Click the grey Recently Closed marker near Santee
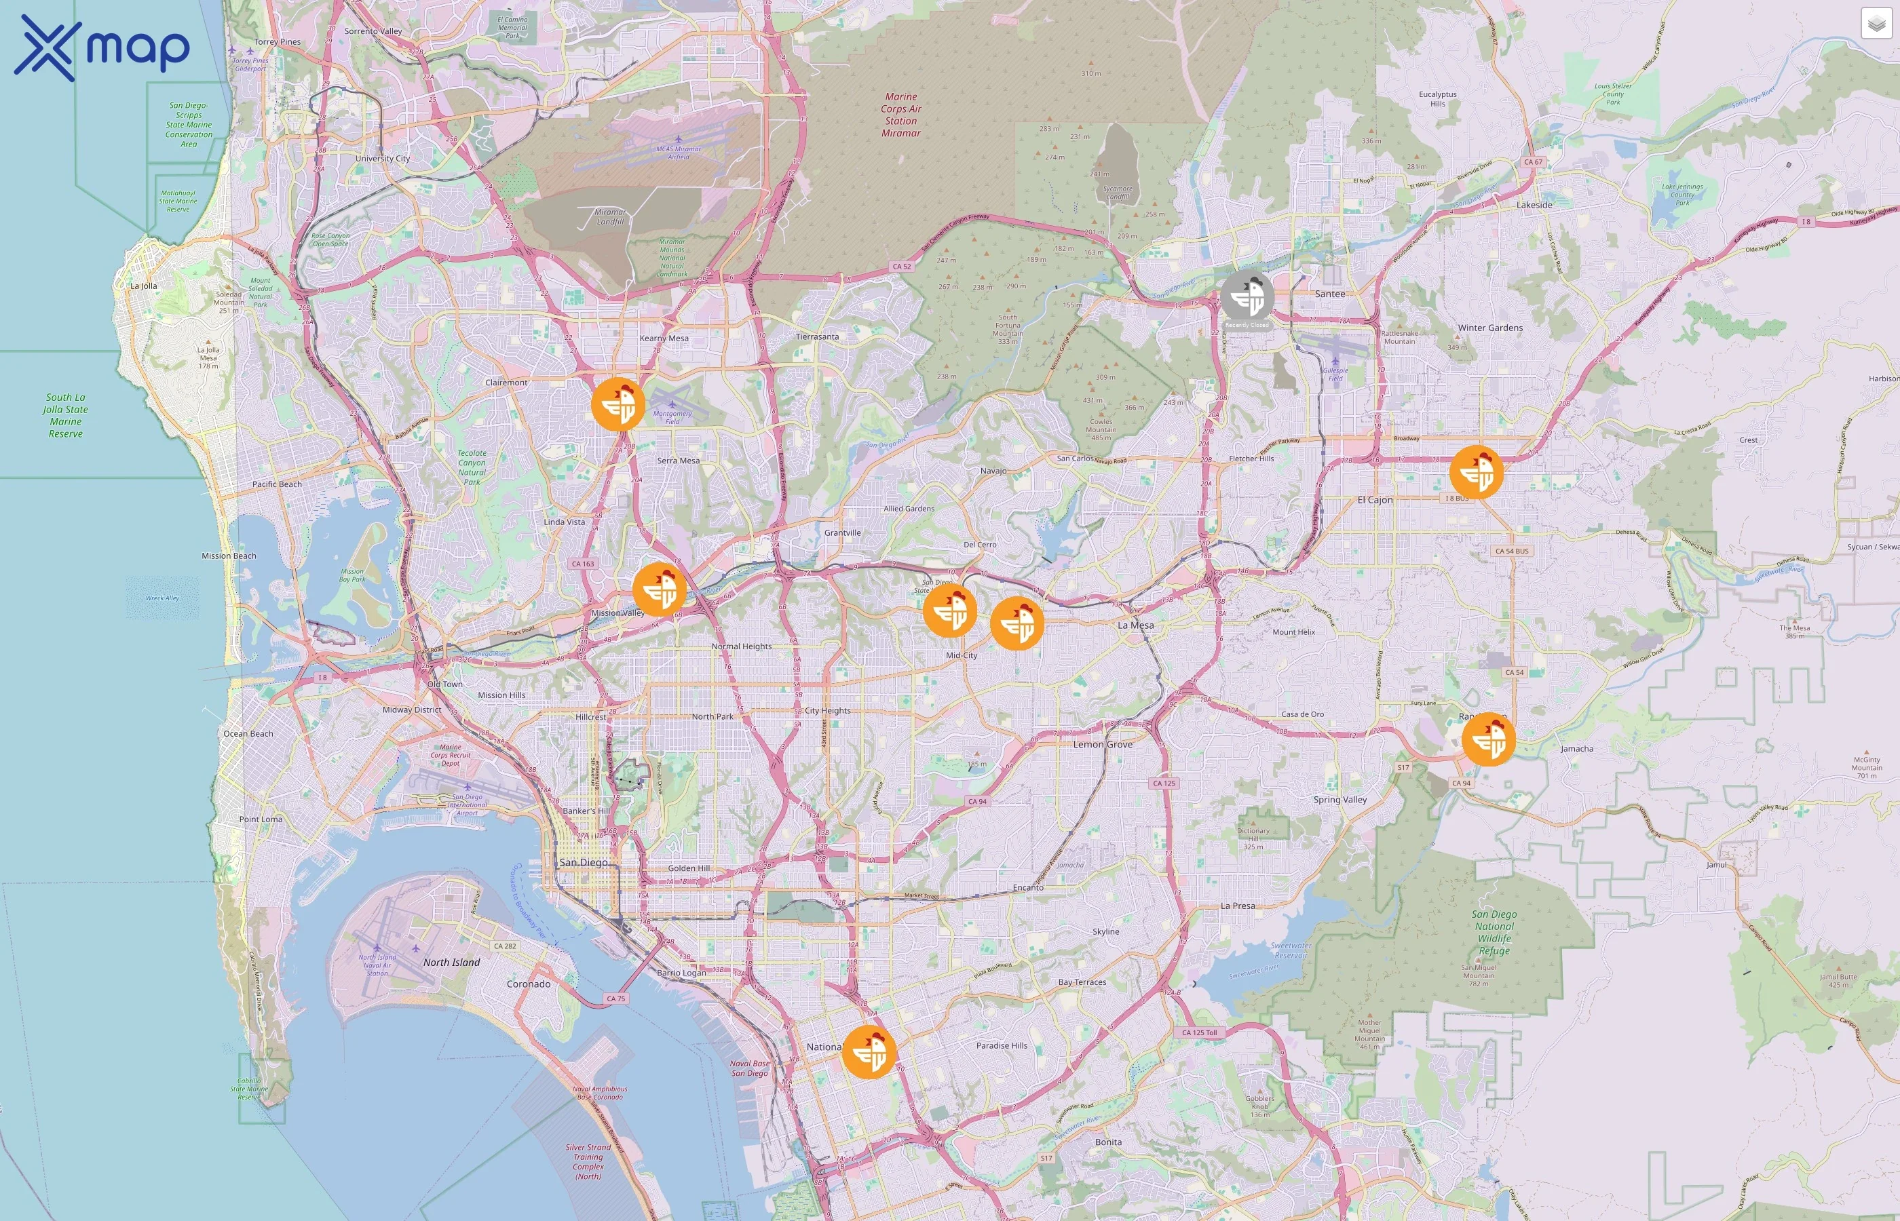pos(1247,296)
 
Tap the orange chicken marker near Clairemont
pos(617,404)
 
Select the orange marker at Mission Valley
pos(659,589)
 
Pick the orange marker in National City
pos(869,1051)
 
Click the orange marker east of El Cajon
pos(1476,471)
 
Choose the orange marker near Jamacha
pos(1488,739)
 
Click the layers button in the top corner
pos(1876,23)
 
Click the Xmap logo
pos(102,47)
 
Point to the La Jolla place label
pos(144,286)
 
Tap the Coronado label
pos(528,984)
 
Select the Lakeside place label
pos(1534,205)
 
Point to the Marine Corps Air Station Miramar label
pos(901,115)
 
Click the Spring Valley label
pos(1339,799)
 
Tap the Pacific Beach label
pos(277,484)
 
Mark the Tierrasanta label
pos(817,336)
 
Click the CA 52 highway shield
pos(902,267)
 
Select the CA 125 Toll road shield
pos(1199,1032)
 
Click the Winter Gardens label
pos(1489,328)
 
